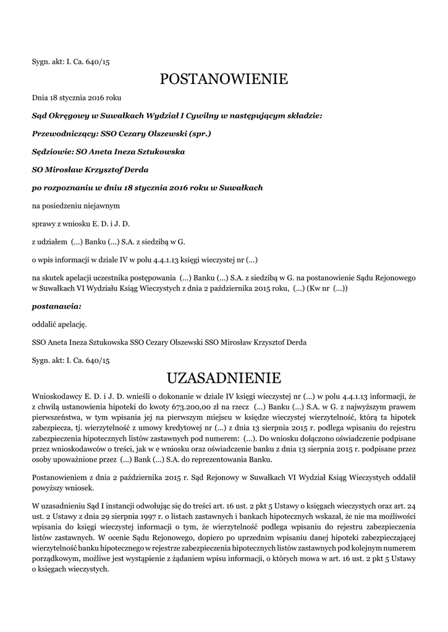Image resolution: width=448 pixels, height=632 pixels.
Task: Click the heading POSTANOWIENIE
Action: (224, 79)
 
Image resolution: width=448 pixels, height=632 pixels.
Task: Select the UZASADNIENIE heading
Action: (224, 377)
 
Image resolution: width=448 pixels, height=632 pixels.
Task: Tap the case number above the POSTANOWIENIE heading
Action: (71, 62)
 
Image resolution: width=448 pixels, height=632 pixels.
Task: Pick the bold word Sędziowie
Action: (52, 151)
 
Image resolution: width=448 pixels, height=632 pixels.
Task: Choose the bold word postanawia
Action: (56, 306)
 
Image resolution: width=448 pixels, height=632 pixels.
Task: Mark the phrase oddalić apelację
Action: (59, 323)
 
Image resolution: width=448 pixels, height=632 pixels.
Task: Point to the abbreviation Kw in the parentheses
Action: (321, 288)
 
